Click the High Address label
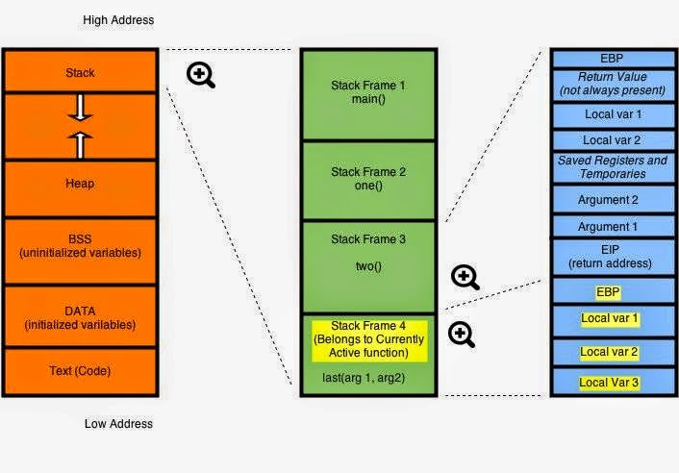tap(119, 20)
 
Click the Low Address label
tap(119, 423)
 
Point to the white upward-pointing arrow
tap(81, 142)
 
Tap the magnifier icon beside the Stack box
tap(201, 75)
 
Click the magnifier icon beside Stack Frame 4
tap(462, 335)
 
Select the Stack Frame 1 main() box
tap(368, 92)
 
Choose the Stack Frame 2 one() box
tap(368, 180)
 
